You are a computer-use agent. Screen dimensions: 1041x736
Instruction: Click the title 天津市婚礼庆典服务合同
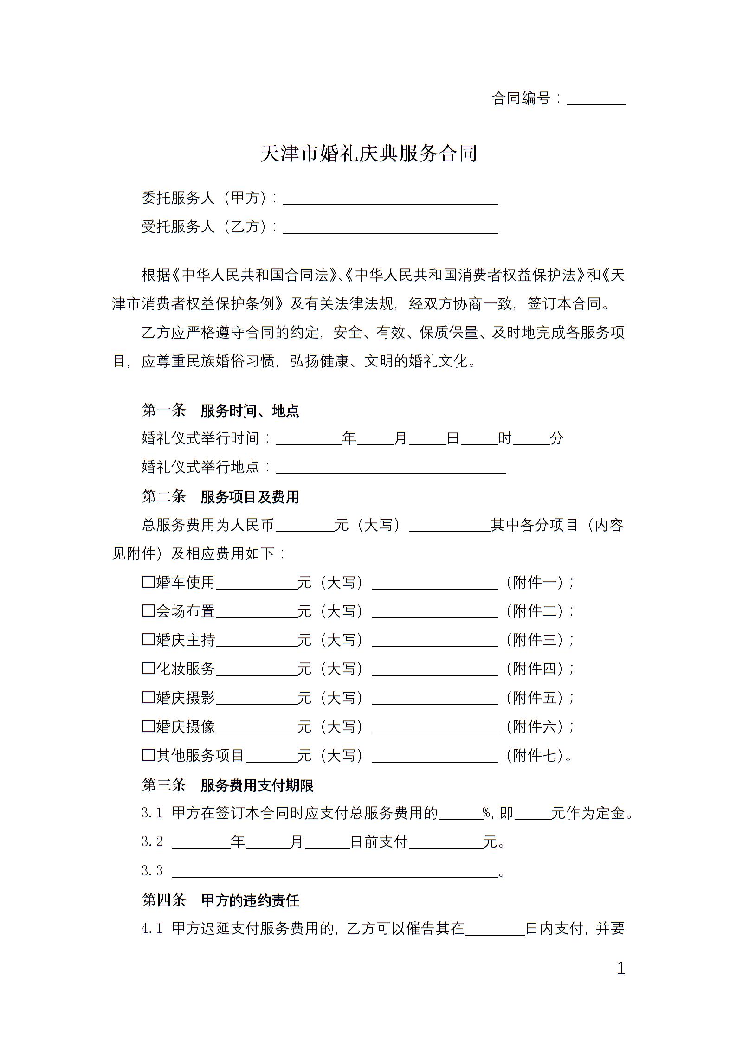368,154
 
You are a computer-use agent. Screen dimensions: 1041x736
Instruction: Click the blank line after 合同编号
596,100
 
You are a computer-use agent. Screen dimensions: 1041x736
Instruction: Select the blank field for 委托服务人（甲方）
390,199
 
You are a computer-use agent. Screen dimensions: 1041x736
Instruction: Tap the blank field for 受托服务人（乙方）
390,228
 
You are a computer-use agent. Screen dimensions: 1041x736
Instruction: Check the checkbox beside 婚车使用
148,582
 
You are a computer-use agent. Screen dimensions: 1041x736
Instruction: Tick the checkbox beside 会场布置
148,610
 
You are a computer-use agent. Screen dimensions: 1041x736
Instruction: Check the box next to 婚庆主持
148,639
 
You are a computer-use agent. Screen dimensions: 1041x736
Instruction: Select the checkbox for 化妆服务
148,668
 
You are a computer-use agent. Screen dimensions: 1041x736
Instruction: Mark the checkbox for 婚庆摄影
148,697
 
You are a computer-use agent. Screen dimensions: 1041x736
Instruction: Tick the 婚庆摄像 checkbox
148,726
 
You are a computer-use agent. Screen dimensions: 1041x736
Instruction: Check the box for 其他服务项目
148,755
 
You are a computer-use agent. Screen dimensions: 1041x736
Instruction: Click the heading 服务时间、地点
250,411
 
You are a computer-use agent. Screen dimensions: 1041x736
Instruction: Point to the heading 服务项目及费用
250,497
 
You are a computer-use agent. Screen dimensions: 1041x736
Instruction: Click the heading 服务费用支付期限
257,785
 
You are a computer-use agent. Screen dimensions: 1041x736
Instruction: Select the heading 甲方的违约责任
251,900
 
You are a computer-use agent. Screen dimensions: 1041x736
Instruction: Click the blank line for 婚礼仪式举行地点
390,468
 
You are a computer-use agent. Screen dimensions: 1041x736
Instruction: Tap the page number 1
620,968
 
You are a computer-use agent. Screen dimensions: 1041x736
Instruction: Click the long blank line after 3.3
334,871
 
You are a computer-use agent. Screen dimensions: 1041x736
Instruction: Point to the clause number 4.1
152,929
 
